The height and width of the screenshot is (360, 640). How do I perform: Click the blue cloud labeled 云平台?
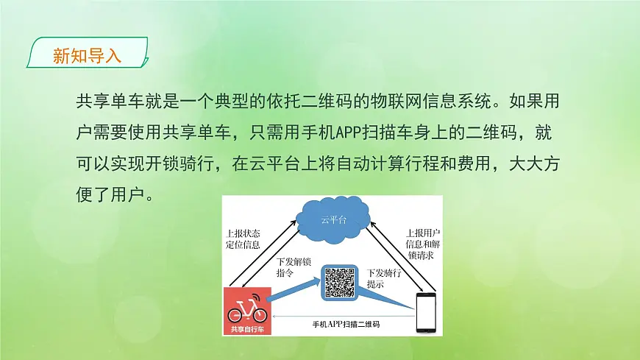click(x=333, y=219)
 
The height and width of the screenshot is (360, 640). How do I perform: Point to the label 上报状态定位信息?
click(x=243, y=239)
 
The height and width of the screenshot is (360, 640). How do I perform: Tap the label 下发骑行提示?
click(x=383, y=278)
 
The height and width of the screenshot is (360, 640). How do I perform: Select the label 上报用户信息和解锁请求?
click(x=424, y=244)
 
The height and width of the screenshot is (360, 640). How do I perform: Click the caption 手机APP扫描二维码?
click(x=346, y=324)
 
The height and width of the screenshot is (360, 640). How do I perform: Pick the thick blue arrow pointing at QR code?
click(x=294, y=290)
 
